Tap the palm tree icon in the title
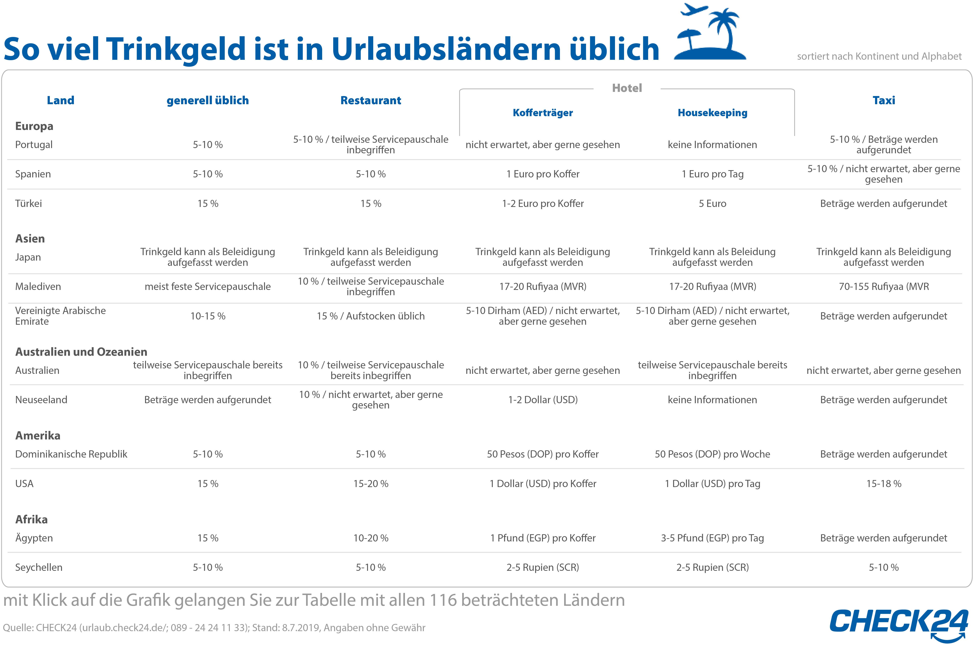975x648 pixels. coord(725,29)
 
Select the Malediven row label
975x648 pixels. coord(38,286)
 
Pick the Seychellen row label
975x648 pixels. coord(39,567)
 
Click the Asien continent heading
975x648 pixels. coord(30,238)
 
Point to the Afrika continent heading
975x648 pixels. coord(31,520)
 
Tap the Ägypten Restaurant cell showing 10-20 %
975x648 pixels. coord(371,538)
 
